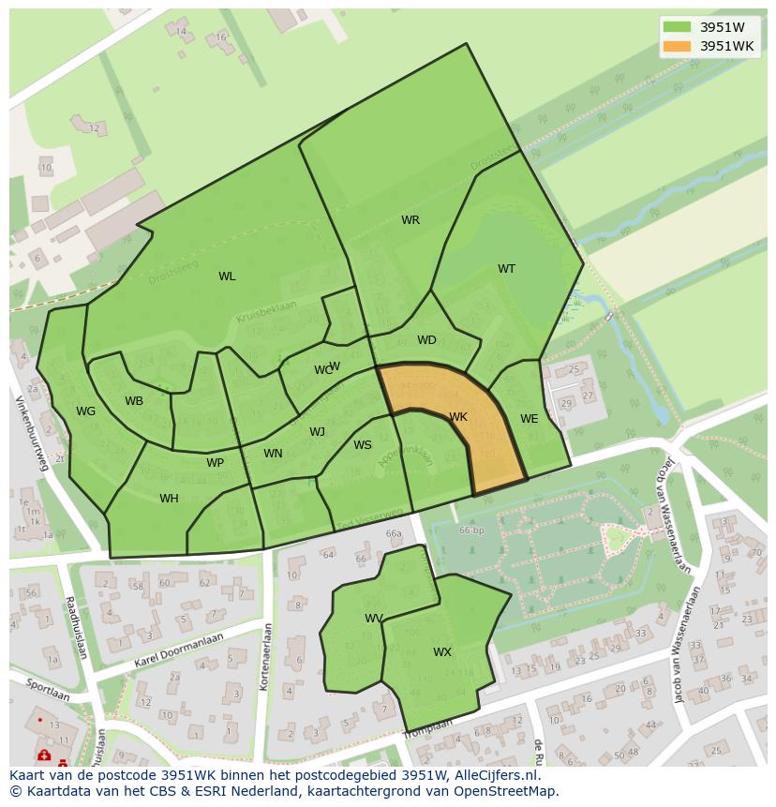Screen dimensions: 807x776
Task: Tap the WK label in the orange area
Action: tap(458, 417)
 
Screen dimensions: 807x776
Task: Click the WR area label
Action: tap(410, 220)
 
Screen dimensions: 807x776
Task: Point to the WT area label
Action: tap(506, 269)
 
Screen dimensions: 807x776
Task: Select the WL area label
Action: tap(227, 276)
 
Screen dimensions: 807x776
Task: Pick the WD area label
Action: tap(426, 340)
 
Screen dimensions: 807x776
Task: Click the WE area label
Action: tap(530, 419)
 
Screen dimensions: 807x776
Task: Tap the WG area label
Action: tap(86, 411)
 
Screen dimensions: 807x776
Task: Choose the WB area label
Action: tap(134, 401)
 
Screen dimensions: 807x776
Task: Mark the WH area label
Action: tap(169, 499)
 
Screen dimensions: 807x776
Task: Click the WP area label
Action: tap(216, 463)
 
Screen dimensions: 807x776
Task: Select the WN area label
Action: tap(273, 454)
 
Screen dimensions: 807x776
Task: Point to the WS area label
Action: tap(363, 445)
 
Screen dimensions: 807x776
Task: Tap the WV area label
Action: tap(374, 618)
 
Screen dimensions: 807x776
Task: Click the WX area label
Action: tap(442, 651)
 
